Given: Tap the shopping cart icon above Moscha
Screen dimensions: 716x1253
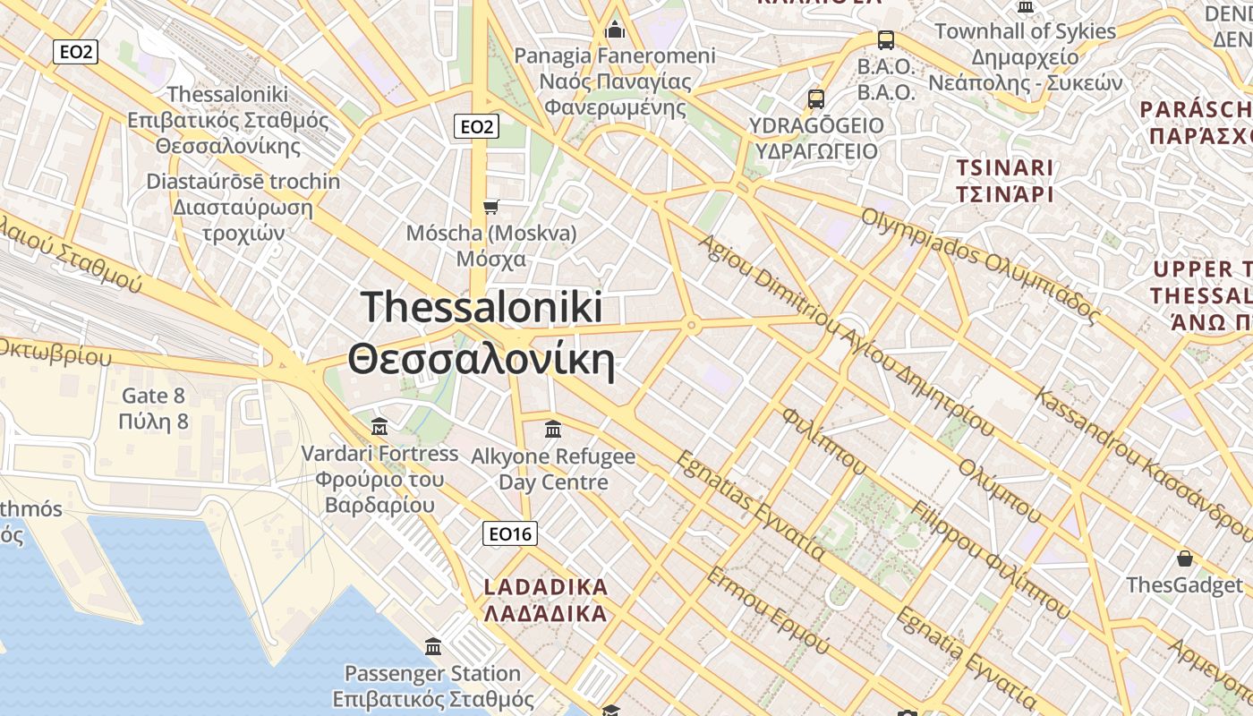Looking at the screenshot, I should tap(490, 208).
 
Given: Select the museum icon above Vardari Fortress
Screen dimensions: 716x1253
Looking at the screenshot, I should tap(379, 425).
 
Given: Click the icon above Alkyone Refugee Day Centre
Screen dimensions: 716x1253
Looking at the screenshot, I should tap(553, 429).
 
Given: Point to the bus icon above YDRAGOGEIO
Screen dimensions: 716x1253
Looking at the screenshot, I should tap(815, 98).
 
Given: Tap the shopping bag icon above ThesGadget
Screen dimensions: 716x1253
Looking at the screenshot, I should tap(1185, 558).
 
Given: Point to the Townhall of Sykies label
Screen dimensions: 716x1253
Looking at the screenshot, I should tap(1025, 31).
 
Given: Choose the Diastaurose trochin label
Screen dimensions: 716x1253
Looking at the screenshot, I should tap(243, 182).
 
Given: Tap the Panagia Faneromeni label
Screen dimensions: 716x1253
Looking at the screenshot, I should tap(615, 56).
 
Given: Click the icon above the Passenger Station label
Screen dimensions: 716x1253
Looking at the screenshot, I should tap(433, 646).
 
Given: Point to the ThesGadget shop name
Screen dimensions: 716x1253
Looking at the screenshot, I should tap(1185, 585).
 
